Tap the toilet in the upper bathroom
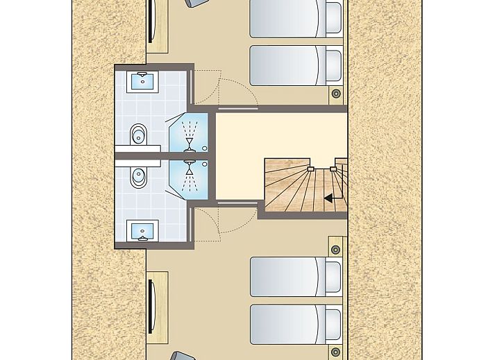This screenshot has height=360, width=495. (x=139, y=132)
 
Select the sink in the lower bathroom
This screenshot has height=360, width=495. (x=143, y=230)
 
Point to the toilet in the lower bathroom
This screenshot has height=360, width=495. (x=139, y=178)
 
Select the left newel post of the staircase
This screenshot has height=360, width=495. (x=310, y=168)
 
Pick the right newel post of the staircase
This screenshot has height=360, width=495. (x=334, y=168)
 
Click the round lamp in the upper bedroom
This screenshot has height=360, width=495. (x=337, y=93)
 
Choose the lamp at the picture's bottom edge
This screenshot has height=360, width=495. (x=337, y=352)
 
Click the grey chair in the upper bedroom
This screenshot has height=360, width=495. (x=196, y=3)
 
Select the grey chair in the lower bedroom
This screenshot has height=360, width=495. (x=183, y=356)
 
